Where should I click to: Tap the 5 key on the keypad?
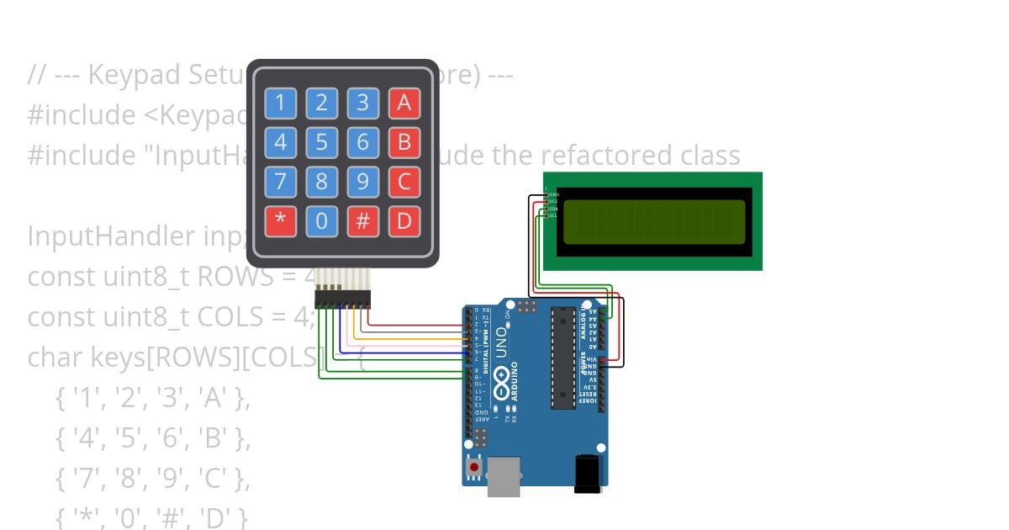pos(321,143)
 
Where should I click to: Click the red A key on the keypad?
pos(404,103)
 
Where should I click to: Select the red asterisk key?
pos(280,222)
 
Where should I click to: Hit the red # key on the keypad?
pos(362,222)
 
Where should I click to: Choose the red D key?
pos(404,222)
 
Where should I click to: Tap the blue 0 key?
pos(321,222)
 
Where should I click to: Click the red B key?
pos(404,143)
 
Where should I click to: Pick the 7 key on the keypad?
pos(280,183)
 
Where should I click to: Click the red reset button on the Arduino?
pos(474,466)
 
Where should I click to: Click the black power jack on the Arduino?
pos(587,473)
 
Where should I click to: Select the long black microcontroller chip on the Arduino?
pos(563,358)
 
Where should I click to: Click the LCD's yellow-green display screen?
pos(654,221)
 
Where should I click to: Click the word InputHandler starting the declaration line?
pos(110,236)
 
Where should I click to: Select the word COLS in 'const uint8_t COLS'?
pos(255,317)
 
